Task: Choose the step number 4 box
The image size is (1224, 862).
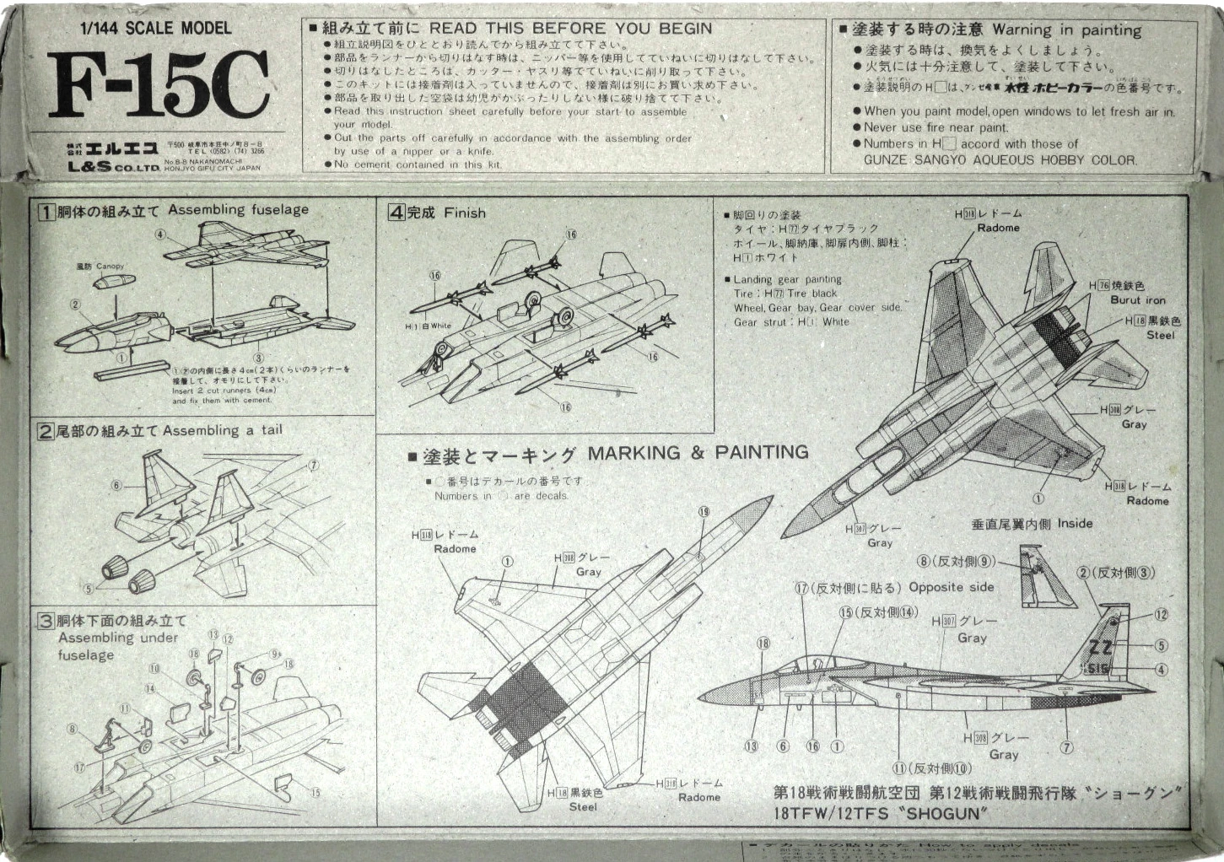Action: coord(396,213)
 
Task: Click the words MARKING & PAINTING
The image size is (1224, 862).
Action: coord(698,453)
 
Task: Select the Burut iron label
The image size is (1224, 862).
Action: coord(1137,299)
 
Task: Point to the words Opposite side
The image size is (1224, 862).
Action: coord(951,587)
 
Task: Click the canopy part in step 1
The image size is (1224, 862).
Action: coord(116,282)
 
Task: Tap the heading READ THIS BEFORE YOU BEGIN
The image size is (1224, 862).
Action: coord(570,28)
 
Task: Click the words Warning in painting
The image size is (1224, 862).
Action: coord(1066,30)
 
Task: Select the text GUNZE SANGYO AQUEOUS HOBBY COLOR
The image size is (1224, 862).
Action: coord(1000,159)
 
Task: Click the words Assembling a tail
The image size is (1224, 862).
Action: coord(223,430)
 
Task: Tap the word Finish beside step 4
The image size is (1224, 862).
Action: coord(465,213)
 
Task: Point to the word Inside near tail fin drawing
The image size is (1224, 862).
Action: coord(1075,523)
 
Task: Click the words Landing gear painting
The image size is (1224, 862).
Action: coord(787,279)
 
